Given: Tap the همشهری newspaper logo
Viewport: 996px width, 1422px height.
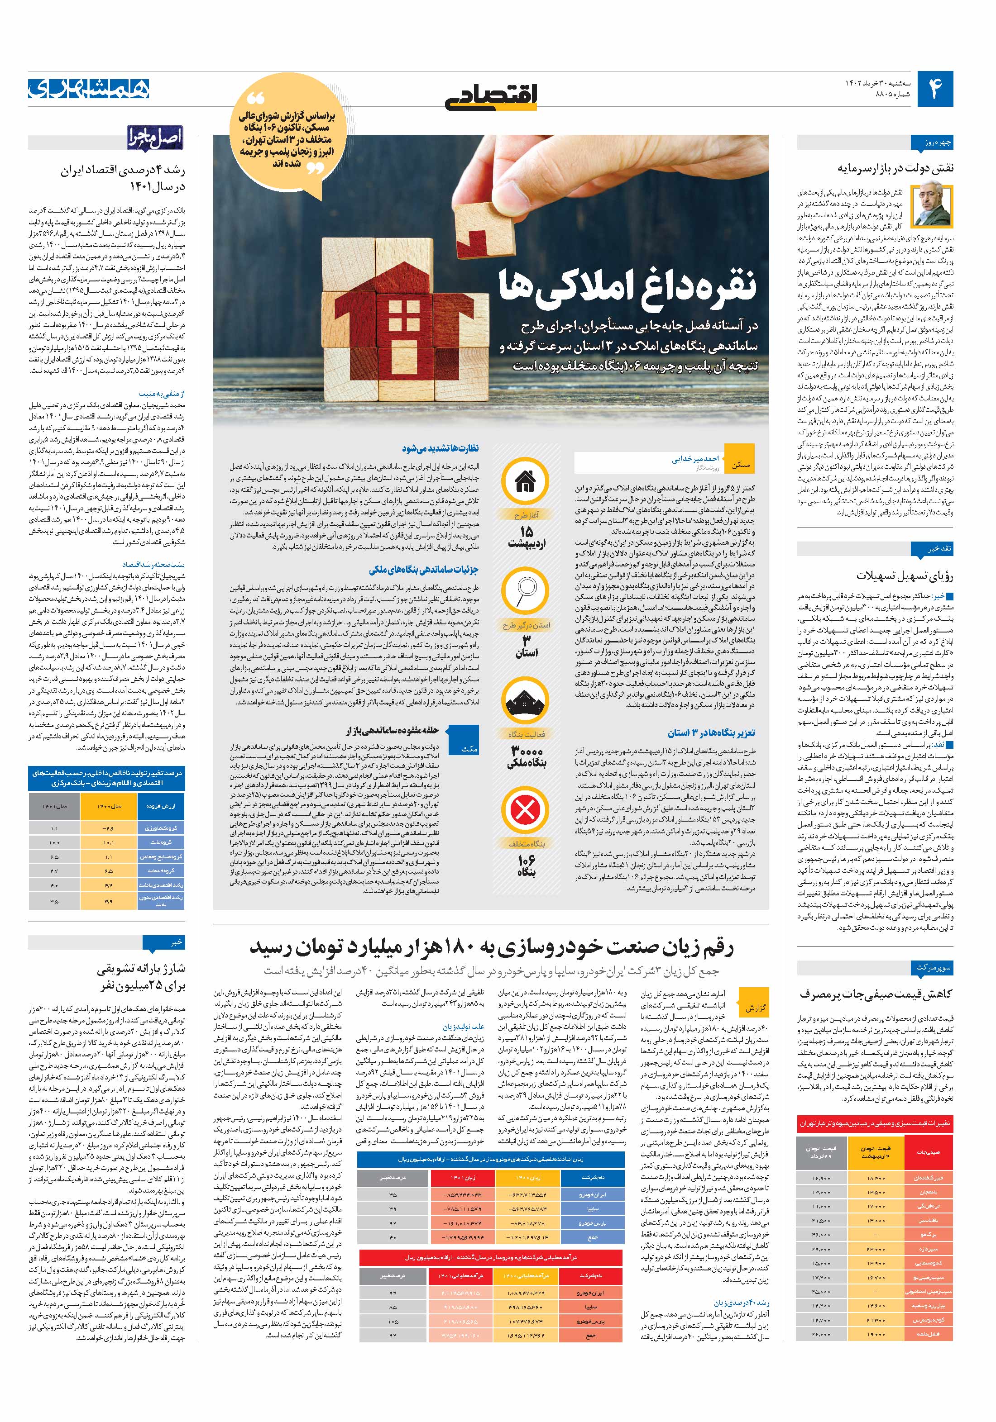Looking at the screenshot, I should [88, 89].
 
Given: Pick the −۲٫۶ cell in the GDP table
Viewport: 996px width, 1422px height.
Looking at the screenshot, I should [109, 828].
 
